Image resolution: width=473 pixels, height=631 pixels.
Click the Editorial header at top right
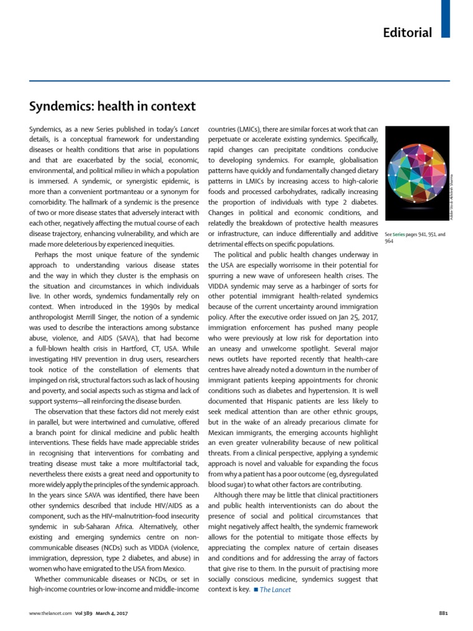407,33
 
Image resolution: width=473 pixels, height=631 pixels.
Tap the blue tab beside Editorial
446,18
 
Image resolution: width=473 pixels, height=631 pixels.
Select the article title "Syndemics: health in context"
113,107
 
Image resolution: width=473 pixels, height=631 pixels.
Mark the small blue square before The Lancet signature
256,590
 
